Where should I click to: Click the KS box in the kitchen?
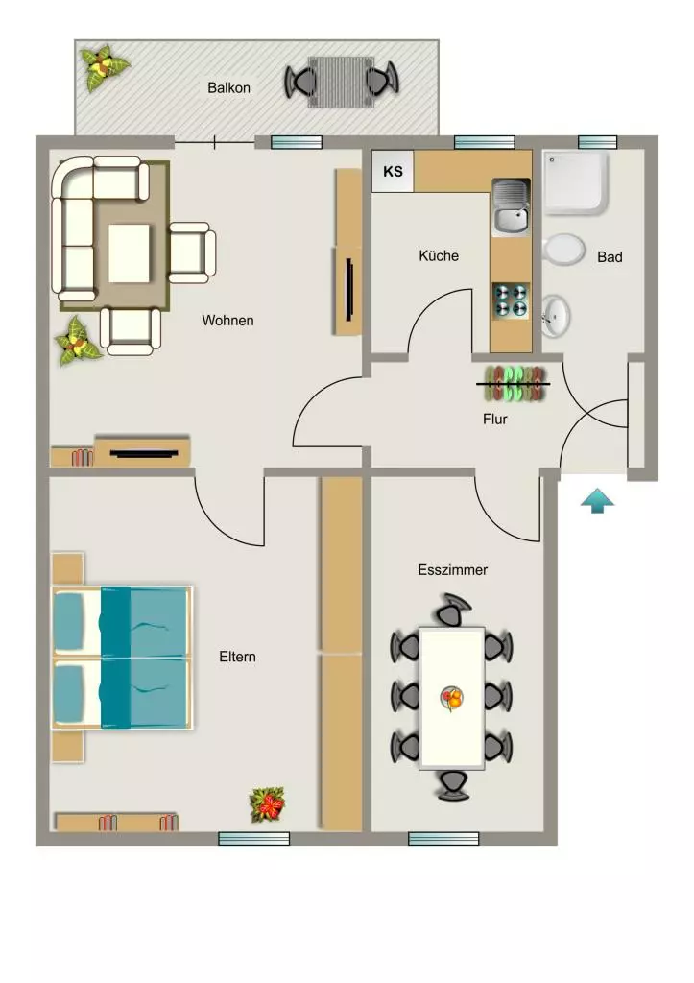pyautogui.click(x=393, y=171)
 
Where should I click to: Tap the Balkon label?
pyautogui.click(x=228, y=87)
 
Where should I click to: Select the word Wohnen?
pyautogui.click(x=227, y=321)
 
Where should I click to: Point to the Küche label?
pyautogui.click(x=439, y=255)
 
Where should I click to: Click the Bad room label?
pyautogui.click(x=610, y=257)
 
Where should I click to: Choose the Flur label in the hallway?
pyautogui.click(x=494, y=419)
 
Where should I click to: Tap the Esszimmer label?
pyautogui.click(x=453, y=570)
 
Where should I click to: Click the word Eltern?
pyautogui.click(x=237, y=657)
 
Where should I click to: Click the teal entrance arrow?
pyautogui.click(x=597, y=501)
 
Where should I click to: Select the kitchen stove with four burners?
pyautogui.click(x=511, y=300)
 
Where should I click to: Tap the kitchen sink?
pyautogui.click(x=511, y=208)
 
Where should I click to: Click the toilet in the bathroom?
pyautogui.click(x=562, y=250)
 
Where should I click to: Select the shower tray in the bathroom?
pyautogui.click(x=575, y=181)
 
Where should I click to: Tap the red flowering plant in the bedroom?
pyautogui.click(x=267, y=805)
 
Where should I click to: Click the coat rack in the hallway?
pyautogui.click(x=515, y=384)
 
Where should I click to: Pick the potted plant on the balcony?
pyautogui.click(x=104, y=67)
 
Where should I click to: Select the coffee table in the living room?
pyautogui.click(x=130, y=253)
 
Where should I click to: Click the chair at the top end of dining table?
pyautogui.click(x=453, y=609)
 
